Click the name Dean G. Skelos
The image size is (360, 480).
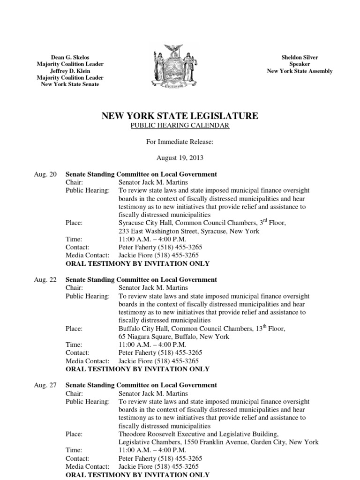pyautogui.click(x=70, y=57)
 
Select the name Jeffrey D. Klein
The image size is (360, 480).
pyautogui.click(x=70, y=71)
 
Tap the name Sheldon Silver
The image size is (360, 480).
pyautogui.click(x=300, y=57)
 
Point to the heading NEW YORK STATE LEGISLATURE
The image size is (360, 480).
pyautogui.click(x=180, y=116)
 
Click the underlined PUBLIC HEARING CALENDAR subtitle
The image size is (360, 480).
pyautogui.click(x=180, y=126)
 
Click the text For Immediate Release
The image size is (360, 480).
pyautogui.click(x=180, y=142)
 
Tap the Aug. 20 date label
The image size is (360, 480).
pyautogui.click(x=45, y=174)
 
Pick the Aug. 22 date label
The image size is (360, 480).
pyautogui.click(x=45, y=280)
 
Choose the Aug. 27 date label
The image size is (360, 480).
pyautogui.click(x=45, y=385)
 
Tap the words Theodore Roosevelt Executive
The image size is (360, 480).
pyautogui.click(x=162, y=434)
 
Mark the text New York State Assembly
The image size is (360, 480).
pyautogui.click(x=300, y=71)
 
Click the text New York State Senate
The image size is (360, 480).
pyautogui.click(x=70, y=84)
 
